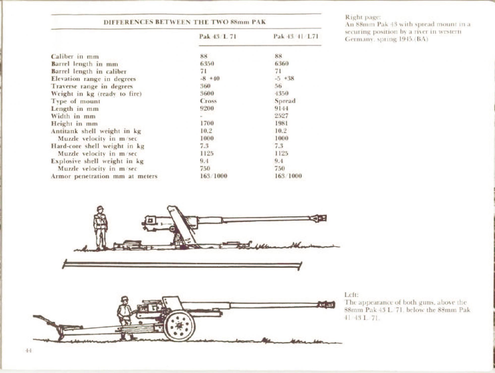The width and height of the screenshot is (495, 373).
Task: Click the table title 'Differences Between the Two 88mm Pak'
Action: coord(185,22)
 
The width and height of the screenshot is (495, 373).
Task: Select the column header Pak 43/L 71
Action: coord(218,37)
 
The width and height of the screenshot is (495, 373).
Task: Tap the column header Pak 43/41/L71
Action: coord(296,37)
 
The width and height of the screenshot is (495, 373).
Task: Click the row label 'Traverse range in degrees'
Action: coord(92,86)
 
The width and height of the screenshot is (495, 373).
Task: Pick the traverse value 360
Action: coord(205,86)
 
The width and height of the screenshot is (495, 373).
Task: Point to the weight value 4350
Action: coord(281,93)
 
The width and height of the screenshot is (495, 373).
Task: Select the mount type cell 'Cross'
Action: coord(208,101)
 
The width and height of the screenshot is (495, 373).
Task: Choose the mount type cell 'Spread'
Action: coord(285,101)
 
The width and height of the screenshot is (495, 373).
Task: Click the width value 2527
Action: coord(281,116)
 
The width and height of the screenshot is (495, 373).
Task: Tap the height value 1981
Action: coord(281,123)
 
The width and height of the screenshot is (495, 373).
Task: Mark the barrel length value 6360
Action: coord(282,63)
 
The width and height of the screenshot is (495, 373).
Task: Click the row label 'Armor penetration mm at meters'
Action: coord(104,176)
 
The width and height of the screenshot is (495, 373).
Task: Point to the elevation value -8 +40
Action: coord(210,79)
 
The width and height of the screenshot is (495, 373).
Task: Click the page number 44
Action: coord(28,350)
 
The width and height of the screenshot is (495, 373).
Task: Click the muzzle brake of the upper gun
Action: coord(319,218)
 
